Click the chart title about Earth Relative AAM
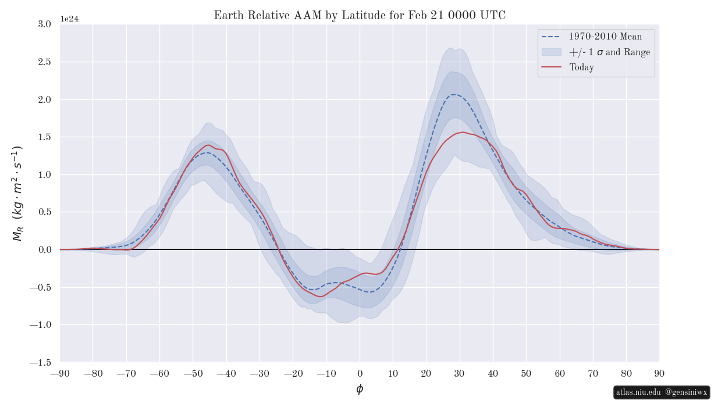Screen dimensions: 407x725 (360, 16)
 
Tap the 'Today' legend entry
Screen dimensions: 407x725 (581, 67)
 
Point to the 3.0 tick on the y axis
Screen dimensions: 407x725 (44, 24)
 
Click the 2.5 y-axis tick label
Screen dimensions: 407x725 (44, 62)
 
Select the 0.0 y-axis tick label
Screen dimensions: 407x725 (44, 250)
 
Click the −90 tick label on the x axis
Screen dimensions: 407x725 (60, 373)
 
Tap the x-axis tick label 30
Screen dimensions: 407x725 (460, 373)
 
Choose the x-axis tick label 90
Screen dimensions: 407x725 (659, 373)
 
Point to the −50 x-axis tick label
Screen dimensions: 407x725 (193, 373)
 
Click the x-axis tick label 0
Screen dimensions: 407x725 (360, 373)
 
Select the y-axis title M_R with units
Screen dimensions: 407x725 (17, 193)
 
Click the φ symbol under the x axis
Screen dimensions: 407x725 (360, 389)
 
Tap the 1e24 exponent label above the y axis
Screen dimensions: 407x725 (69, 19)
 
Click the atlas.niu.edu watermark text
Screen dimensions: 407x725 (638, 392)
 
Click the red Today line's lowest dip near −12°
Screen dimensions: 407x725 (320, 297)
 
